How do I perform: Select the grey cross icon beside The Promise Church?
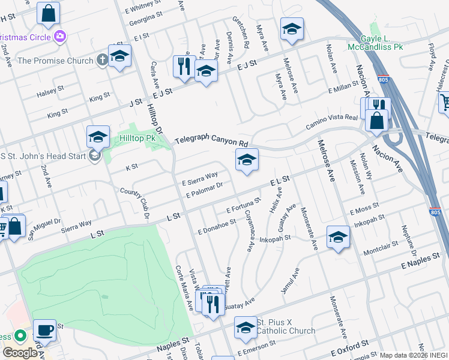(103, 60)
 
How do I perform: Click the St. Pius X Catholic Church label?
(286, 327)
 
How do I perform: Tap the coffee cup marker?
(44, 331)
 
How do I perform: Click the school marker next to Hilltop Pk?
(98, 137)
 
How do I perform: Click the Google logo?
(19, 352)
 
